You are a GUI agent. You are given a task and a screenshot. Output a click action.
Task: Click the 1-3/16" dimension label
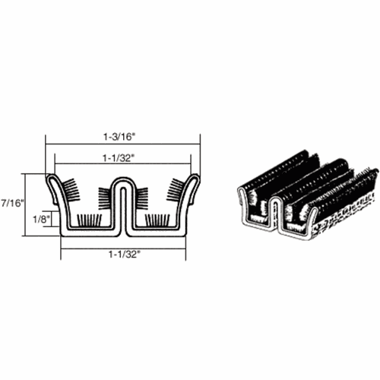(x=118, y=137)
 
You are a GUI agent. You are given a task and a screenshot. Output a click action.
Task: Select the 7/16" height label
(x=12, y=203)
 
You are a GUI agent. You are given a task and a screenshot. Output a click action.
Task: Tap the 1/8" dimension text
(x=40, y=219)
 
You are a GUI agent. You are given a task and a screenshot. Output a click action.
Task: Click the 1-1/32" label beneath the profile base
(x=124, y=255)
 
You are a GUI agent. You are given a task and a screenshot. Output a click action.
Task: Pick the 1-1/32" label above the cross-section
(x=118, y=158)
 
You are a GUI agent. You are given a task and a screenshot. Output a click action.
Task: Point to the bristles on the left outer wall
(x=71, y=189)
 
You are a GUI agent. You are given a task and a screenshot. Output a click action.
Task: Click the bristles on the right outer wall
(x=175, y=189)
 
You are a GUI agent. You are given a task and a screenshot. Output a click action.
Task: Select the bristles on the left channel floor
(x=89, y=220)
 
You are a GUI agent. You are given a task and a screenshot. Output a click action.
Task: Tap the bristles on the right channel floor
(x=157, y=220)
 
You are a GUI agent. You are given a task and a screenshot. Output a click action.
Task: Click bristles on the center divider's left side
(x=105, y=198)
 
